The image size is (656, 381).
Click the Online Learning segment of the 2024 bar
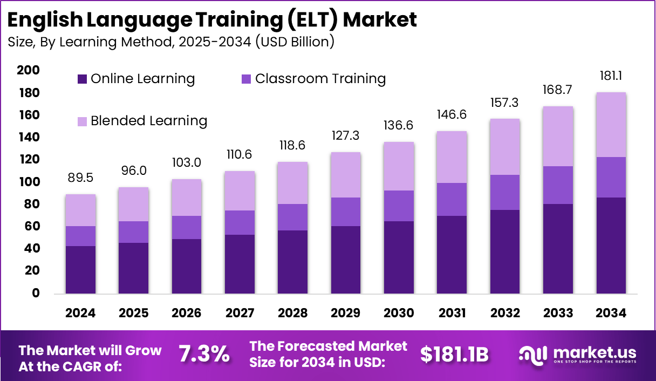coord(81,270)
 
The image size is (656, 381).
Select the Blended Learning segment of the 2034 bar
coord(611,125)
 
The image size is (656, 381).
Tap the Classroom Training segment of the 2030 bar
coord(399,206)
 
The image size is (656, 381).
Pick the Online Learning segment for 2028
coord(293,262)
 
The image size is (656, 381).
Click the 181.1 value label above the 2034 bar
coord(611,76)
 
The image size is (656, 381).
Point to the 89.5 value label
coord(81,178)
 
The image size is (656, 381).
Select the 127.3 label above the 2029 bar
coord(346,135)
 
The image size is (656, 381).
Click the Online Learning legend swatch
coord(82,79)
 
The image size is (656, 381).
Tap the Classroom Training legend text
coord(320,79)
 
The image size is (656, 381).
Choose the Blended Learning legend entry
coord(149,120)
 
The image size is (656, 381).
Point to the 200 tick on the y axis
coord(28,70)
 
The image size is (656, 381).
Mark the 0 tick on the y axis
coord(36,293)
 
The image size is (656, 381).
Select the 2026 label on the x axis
coord(187,314)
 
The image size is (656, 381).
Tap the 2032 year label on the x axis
coord(504,314)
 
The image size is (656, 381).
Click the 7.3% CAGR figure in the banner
coord(204,354)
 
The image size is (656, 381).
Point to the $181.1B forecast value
coord(454,354)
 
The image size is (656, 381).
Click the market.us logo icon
coord(534,354)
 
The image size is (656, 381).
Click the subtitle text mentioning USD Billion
coord(170,42)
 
